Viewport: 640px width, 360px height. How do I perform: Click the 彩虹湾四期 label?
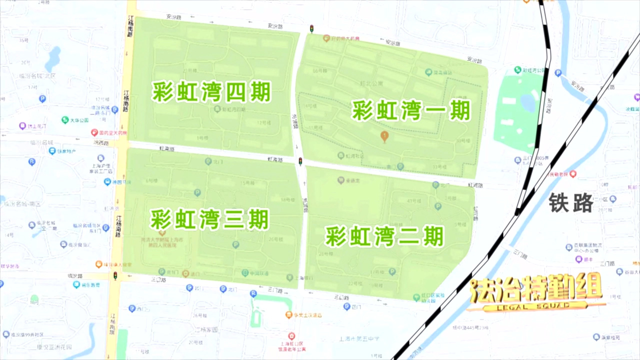(211, 92)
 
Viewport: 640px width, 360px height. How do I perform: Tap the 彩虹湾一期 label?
(411, 110)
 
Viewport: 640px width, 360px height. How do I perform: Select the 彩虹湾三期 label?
(210, 219)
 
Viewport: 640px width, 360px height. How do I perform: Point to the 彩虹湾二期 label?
(384, 236)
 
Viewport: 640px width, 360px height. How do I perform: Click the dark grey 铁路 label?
(571, 203)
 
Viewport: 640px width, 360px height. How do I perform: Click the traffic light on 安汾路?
(311, 29)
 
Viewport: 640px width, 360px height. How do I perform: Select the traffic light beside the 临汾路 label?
(115, 276)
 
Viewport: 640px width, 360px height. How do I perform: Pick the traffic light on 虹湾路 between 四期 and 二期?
(300, 161)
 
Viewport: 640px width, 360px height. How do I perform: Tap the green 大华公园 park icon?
(65, 120)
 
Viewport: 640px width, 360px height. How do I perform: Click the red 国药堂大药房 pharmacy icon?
(94, 132)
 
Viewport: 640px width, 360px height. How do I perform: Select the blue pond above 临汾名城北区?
(52, 59)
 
